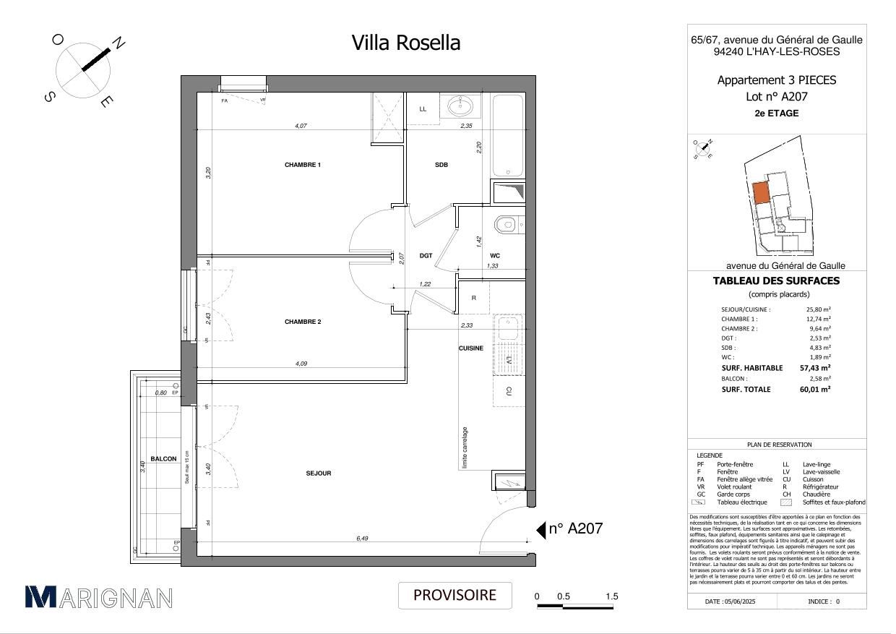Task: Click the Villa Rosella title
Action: pos(405,43)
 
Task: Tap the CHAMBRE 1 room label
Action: pos(303,165)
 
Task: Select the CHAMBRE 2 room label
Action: pos(303,322)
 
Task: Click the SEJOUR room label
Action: pos(318,473)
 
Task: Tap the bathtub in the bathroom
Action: pos(508,135)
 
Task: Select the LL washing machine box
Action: pos(423,109)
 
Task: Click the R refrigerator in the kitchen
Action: pos(474,298)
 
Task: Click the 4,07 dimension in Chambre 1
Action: pos(301,126)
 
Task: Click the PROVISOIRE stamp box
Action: pos(455,595)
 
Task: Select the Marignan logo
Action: pos(99,597)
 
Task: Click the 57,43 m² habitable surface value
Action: pos(814,367)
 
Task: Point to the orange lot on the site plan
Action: pos(761,193)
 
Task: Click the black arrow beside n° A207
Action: pos(540,531)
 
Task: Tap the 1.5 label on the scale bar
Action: pos(611,596)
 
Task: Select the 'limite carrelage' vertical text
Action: pos(465,447)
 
